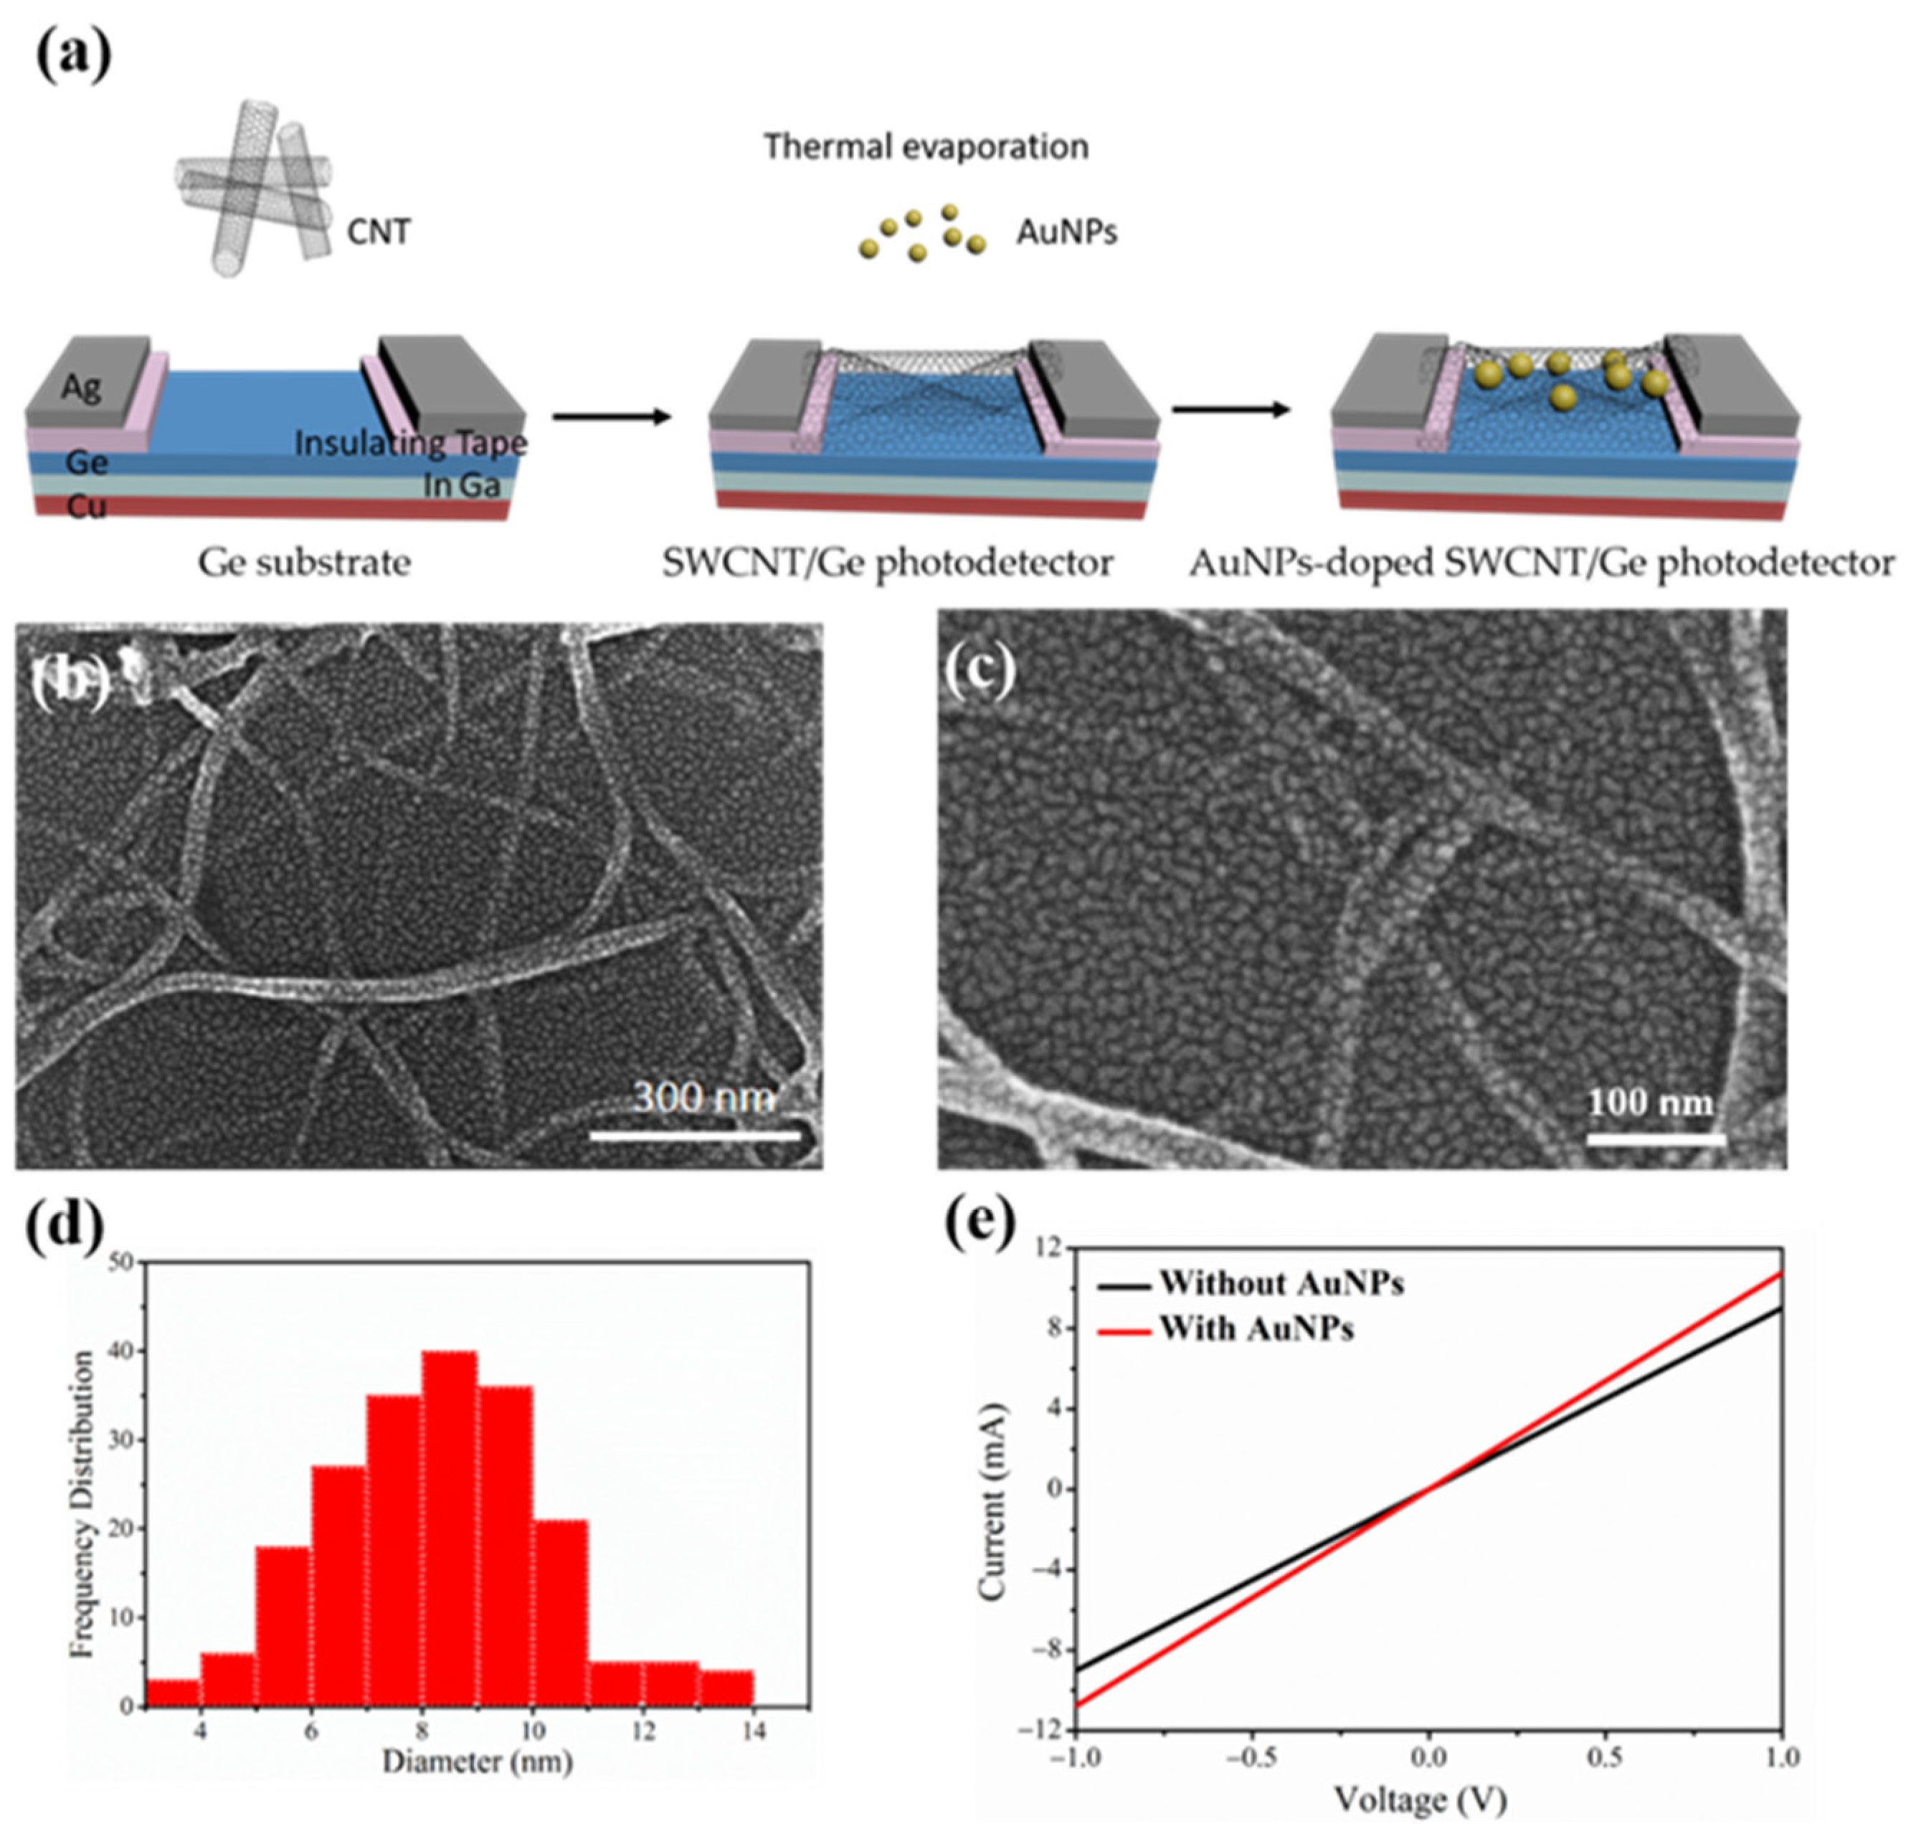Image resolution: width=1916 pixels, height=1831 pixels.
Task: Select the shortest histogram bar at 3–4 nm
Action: (x=173, y=1693)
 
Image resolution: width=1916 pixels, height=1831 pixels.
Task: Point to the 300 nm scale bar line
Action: (x=694, y=1135)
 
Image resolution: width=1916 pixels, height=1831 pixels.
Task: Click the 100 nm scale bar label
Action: (x=1649, y=1103)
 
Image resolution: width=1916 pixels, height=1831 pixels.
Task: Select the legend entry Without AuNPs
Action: (x=1280, y=1283)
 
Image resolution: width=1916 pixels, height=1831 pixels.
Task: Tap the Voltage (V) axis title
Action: (x=1421, y=1799)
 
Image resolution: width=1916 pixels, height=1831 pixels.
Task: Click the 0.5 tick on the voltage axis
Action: (x=1605, y=1757)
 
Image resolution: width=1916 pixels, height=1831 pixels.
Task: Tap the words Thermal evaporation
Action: (x=925, y=146)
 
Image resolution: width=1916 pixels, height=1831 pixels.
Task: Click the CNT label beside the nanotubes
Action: (x=379, y=232)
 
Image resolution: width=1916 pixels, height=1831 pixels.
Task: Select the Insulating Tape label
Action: (x=410, y=443)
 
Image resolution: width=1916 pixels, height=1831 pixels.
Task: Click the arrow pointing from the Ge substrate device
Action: (x=612, y=417)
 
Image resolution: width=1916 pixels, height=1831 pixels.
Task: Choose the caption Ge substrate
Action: (x=305, y=563)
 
